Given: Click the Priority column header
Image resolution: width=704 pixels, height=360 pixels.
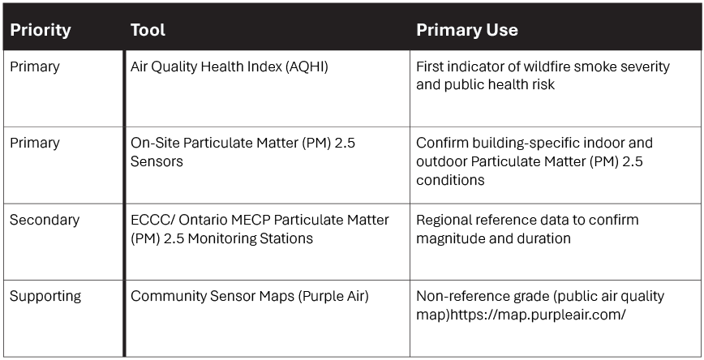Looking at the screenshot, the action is pyautogui.click(x=41, y=30).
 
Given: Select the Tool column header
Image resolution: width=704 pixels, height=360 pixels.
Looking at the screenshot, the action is pyautogui.click(x=148, y=30).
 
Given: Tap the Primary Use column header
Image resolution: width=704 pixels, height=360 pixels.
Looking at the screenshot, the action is pyautogui.click(x=467, y=30).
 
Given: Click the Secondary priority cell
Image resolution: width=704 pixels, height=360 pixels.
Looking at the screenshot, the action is pyautogui.click(x=45, y=220).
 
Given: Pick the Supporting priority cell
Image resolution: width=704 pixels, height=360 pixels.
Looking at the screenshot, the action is pyautogui.click(x=45, y=297).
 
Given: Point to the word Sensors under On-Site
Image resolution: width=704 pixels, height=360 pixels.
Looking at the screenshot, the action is pyautogui.click(x=157, y=161).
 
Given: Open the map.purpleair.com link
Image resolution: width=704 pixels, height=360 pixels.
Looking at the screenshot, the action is pyautogui.click(x=538, y=315).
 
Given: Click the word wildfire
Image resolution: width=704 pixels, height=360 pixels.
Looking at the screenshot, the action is pyautogui.click(x=543, y=66).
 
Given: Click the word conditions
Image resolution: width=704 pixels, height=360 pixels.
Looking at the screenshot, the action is pyautogui.click(x=450, y=181).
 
